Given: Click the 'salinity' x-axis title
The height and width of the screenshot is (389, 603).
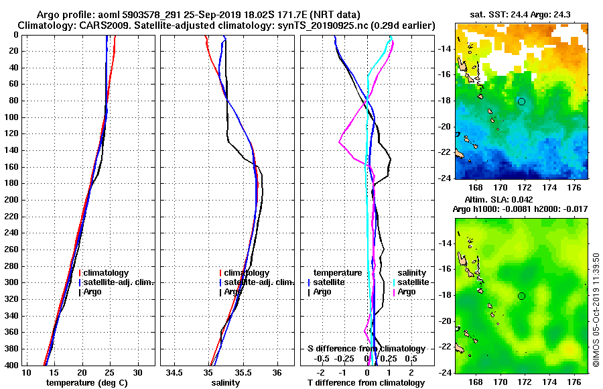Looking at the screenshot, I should (225, 383).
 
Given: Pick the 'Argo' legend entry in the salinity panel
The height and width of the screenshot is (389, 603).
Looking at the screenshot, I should (234, 292).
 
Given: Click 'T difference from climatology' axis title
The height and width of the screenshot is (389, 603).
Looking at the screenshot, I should (366, 383).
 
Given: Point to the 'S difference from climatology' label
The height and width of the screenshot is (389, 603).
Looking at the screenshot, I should (366, 349).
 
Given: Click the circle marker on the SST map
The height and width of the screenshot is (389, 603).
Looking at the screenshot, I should (521, 101).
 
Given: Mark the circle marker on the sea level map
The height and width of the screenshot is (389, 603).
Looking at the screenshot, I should (521, 296).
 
